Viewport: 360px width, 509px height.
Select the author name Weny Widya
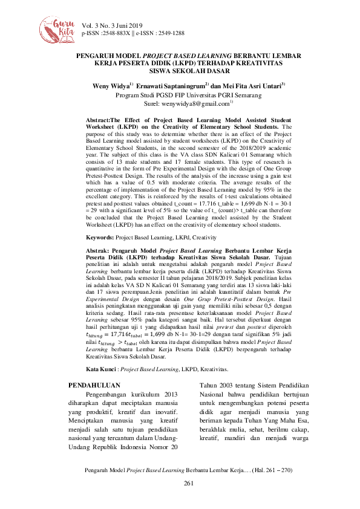click(x=111, y=86)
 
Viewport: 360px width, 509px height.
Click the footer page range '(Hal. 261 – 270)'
click(x=269, y=469)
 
